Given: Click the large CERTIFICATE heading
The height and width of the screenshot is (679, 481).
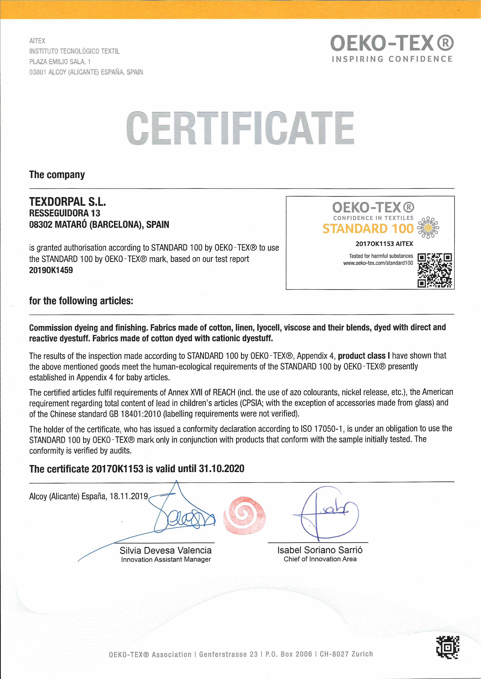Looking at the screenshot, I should [x=240, y=128].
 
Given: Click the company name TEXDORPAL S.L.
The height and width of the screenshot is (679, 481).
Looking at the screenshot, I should [x=67, y=202].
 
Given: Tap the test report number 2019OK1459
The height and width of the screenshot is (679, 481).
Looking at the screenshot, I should [x=51, y=270].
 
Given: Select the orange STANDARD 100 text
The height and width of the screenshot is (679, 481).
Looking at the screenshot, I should [x=368, y=229].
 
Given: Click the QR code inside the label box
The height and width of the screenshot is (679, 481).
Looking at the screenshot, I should [x=434, y=270].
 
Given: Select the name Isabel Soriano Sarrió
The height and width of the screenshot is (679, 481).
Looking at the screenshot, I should [x=320, y=550].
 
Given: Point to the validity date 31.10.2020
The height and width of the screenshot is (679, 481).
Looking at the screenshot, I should [x=222, y=468].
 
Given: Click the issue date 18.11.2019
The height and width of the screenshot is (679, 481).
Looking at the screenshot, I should [x=129, y=496].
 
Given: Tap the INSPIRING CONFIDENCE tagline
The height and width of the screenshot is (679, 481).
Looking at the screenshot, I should [x=392, y=59].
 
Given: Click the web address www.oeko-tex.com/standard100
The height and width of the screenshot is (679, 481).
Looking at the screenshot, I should [x=378, y=263].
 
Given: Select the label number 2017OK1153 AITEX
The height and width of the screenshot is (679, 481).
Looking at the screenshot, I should [x=384, y=244].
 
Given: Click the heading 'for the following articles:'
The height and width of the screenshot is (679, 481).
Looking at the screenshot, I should [x=81, y=301].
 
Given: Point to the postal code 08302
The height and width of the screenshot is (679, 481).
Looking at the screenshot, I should [x=41, y=224].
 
